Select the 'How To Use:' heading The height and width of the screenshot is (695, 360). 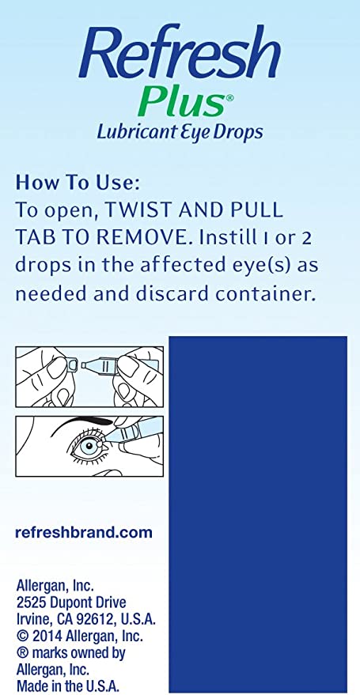[78, 183]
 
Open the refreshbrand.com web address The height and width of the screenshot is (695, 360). [84, 532]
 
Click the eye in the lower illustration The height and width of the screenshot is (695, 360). [89, 444]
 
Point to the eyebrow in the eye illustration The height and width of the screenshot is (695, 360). [80, 423]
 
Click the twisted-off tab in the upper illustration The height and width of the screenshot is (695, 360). [71, 364]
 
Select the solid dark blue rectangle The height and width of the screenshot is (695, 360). [258, 514]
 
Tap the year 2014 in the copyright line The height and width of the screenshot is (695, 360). [47, 636]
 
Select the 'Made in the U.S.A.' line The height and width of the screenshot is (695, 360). [68, 686]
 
